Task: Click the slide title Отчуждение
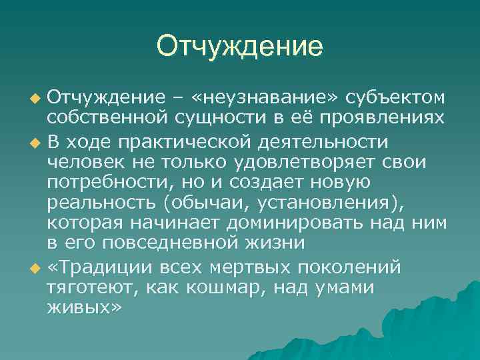[x=240, y=47]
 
